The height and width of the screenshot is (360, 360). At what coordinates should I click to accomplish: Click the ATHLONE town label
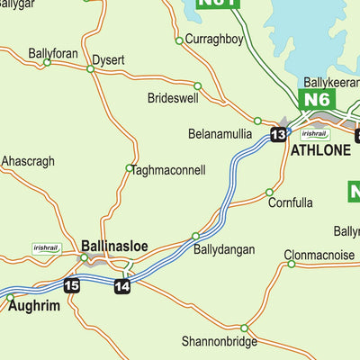319,150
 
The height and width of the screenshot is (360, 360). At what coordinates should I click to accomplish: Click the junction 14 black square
122,286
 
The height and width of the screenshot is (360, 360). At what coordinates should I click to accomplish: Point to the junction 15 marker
72,285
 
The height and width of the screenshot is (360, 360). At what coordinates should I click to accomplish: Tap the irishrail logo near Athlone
314,133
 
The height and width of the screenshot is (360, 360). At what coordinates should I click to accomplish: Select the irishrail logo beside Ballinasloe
46,247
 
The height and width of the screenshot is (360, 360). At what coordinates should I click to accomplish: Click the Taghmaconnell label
168,169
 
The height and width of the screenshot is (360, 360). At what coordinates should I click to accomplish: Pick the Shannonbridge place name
219,341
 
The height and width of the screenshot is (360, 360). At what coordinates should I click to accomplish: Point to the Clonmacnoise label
319,255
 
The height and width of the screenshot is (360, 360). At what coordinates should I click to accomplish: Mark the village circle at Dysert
91,68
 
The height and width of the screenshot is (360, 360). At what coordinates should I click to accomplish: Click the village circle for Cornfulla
269,192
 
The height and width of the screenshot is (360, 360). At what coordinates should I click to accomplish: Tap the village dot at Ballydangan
195,236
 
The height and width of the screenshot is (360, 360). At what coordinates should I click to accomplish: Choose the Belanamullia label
219,133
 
